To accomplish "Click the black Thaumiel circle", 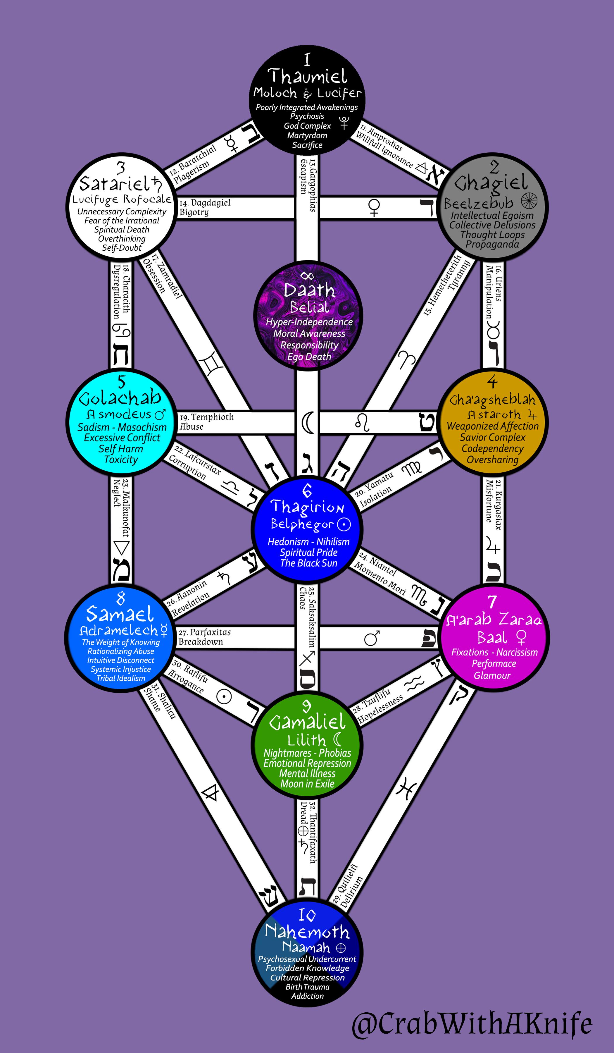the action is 307,101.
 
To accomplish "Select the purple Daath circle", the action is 308,316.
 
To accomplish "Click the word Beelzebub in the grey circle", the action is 479,204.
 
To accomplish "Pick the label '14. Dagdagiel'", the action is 205,203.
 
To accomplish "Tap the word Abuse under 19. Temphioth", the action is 192,427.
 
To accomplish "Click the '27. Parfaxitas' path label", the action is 205,632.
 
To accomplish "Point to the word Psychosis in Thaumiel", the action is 307,117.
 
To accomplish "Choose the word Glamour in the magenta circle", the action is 492,675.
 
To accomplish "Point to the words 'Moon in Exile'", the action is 307,784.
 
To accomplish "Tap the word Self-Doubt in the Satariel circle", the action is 122,248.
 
